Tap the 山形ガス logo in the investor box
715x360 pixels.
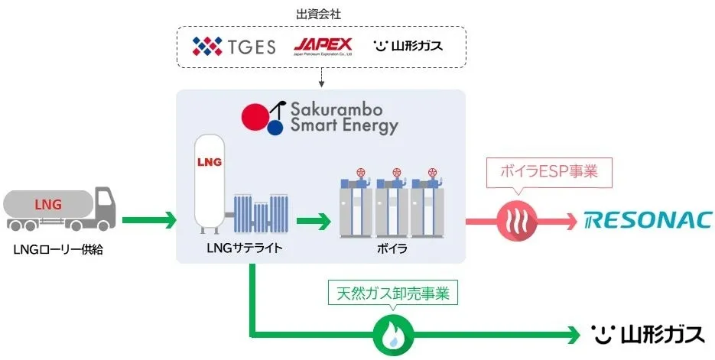click(408, 47)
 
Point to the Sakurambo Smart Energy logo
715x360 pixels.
click(320, 117)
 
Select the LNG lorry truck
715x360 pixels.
click(60, 207)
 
